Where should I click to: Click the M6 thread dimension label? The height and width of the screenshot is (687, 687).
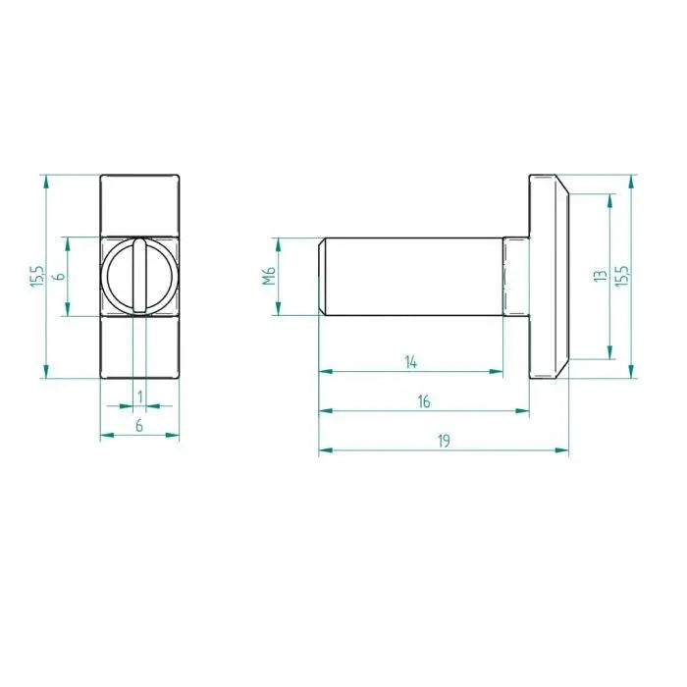(x=268, y=277)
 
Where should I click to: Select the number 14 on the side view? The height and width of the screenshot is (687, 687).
(x=411, y=362)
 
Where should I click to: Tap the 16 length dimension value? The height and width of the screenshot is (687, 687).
(x=424, y=400)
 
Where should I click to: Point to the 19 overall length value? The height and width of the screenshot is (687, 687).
(x=444, y=441)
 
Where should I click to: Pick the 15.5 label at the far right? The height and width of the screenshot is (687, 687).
(x=620, y=277)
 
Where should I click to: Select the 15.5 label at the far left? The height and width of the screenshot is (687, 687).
(x=35, y=277)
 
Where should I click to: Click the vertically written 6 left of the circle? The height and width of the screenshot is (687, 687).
(x=58, y=277)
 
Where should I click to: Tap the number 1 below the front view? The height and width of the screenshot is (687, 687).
(x=140, y=396)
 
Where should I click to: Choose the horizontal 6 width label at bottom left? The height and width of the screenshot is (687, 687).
(x=139, y=425)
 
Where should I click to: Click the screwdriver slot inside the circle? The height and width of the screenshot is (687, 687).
(x=139, y=276)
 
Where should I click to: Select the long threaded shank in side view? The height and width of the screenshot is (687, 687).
(x=412, y=277)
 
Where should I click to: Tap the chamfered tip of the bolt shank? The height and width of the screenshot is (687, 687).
(x=322, y=277)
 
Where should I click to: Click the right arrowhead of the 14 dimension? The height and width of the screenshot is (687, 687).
(x=499, y=372)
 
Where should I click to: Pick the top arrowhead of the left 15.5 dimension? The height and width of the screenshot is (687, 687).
(x=45, y=181)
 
